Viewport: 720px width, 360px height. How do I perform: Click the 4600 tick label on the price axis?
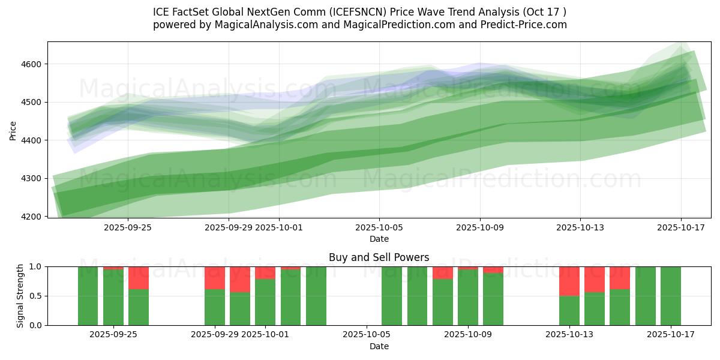(31, 64)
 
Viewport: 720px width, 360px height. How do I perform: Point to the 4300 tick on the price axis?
(31, 178)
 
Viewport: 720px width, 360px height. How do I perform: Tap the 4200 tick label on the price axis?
(31, 217)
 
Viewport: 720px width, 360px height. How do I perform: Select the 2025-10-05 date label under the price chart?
(379, 227)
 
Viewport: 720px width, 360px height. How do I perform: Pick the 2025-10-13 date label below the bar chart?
(569, 335)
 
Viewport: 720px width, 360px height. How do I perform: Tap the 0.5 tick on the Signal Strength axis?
(36, 296)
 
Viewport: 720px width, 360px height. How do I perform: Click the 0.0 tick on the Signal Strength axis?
(36, 325)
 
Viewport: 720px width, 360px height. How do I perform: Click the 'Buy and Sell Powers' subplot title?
(379, 257)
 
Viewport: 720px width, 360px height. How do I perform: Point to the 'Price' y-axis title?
(13, 130)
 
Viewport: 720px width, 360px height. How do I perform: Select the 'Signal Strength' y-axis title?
(20, 296)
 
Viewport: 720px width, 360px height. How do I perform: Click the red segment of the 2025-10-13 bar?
(569, 281)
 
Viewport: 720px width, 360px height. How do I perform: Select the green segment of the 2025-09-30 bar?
(240, 308)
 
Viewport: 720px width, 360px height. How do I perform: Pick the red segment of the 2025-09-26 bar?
(139, 278)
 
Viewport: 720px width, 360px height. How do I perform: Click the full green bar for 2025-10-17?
(670, 296)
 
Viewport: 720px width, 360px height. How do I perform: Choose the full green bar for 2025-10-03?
(316, 296)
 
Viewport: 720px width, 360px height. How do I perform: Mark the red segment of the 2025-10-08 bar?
(443, 272)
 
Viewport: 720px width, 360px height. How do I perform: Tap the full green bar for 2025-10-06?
(392, 296)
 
